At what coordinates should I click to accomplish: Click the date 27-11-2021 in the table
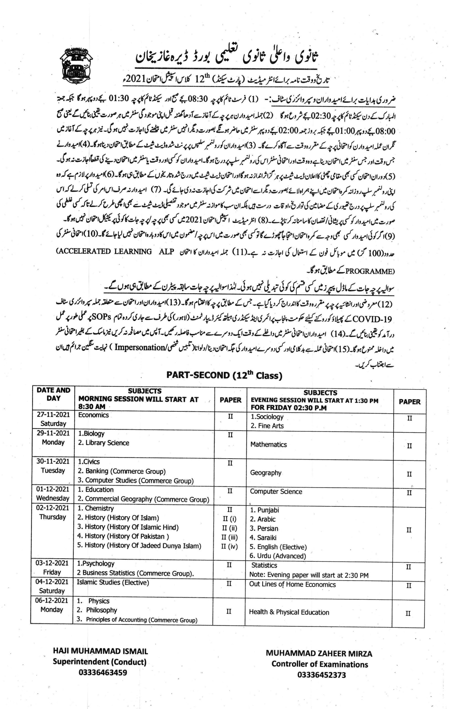53,414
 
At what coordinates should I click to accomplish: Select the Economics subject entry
93,415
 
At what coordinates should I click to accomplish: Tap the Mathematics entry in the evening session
269,444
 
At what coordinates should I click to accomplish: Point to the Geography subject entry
266,472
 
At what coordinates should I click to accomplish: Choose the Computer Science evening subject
276,491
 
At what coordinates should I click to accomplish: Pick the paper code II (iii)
230,537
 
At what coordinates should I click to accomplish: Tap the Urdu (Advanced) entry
278,556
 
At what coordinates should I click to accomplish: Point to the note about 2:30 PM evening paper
309,575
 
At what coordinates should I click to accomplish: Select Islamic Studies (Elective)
113,582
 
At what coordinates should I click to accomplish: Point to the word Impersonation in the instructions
139,347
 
